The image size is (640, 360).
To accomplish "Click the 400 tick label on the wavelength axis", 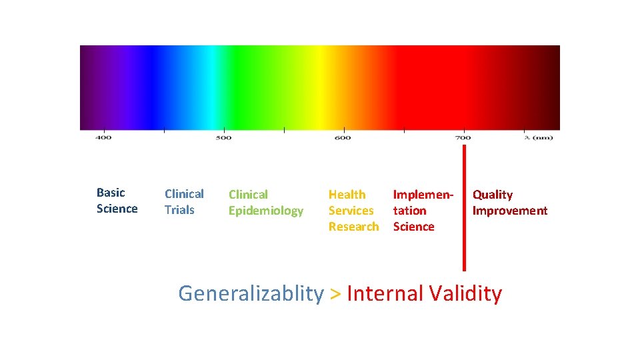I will [103, 138].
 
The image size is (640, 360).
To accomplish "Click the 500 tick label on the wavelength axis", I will [223, 138].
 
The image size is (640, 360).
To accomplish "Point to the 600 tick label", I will [343, 138].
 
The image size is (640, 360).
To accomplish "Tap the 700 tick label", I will [463, 138].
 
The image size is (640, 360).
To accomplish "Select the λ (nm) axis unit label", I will [538, 138].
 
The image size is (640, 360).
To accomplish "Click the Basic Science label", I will [117, 201].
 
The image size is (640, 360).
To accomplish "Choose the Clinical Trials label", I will [184, 202].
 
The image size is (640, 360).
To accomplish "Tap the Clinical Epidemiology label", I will [265, 203].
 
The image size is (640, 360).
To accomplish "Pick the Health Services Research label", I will [353, 211].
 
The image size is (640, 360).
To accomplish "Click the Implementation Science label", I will [423, 211].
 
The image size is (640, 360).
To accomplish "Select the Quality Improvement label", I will [510, 203].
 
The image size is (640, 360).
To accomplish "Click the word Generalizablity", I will [251, 293].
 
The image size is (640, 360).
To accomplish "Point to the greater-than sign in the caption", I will [335, 294].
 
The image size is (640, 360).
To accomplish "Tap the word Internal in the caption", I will [385, 293].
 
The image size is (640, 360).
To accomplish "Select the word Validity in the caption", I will [465, 293].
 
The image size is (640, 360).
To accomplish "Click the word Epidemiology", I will [265, 211].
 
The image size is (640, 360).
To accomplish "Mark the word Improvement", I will [510, 211].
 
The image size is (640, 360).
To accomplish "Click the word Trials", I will [179, 210].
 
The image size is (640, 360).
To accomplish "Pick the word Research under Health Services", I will [353, 227].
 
